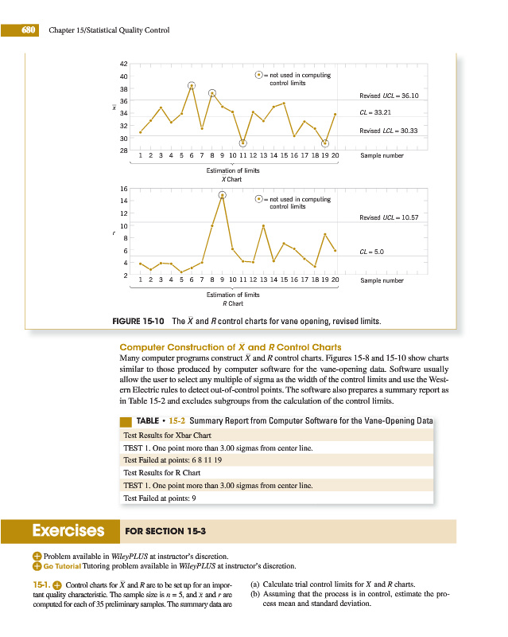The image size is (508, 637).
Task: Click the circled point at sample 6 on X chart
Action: [192, 85]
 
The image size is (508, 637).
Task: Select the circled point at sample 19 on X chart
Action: [325, 143]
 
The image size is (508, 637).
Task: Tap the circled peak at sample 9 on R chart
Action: [223, 194]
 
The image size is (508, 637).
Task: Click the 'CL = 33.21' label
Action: [378, 112]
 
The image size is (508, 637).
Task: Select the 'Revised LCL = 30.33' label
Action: [394, 131]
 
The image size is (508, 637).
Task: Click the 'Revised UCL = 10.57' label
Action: [394, 217]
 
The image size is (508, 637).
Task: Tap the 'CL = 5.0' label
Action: [372, 251]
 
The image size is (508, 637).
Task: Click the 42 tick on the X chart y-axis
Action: [124, 64]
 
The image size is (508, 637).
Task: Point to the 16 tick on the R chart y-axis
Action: [124, 189]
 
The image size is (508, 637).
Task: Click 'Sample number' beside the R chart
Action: [382, 280]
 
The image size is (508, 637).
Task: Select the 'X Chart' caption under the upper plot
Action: [231, 178]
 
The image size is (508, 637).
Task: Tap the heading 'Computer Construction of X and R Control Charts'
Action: [231, 347]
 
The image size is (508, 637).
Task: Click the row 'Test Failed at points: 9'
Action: [159, 498]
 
